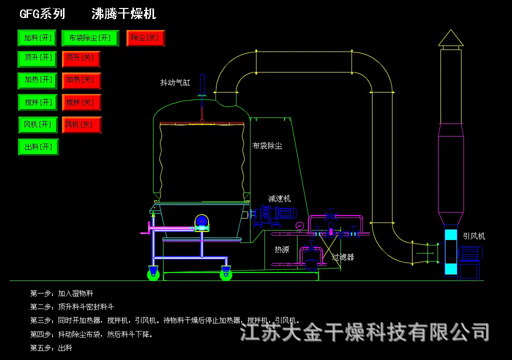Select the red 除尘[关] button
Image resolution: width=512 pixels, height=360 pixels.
tap(145, 38)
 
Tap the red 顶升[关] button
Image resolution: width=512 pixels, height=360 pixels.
tap(81, 58)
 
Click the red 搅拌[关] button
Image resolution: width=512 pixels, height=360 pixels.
tap(81, 102)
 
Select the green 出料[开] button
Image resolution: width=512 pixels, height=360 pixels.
tap(38, 147)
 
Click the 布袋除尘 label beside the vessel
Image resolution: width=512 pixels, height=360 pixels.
tap(267, 146)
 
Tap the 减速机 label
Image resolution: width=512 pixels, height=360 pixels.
tap(279, 198)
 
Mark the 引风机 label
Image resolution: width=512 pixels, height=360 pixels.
tap(473, 236)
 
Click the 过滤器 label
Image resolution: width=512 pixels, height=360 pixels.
tap(343, 257)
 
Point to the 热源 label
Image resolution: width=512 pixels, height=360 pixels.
tap(281, 249)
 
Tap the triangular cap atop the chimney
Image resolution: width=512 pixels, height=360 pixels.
tap(450, 38)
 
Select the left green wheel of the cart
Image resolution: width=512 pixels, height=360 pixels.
tap(153, 273)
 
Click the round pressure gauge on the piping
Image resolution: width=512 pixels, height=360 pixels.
tap(299, 225)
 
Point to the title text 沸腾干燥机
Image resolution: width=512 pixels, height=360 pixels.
tap(123, 14)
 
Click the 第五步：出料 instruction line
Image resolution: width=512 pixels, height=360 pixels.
tap(51, 347)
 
